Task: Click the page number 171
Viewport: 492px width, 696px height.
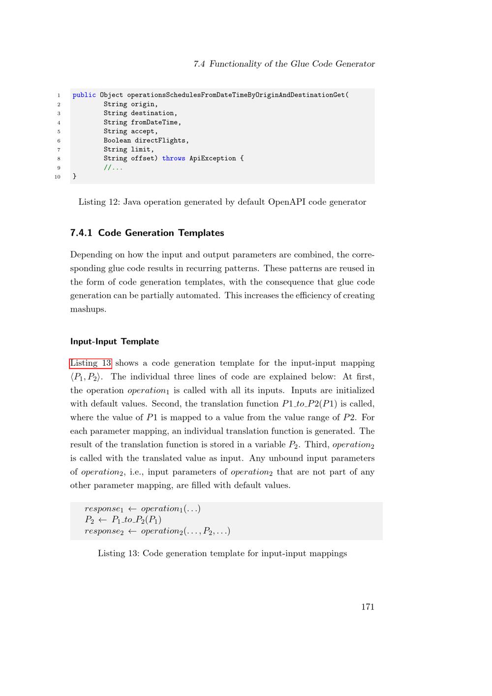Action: pyautogui.click(x=368, y=607)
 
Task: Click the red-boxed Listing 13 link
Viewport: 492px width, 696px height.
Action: pyautogui.click(x=91, y=363)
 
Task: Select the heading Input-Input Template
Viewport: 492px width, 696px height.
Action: pyautogui.click(x=115, y=342)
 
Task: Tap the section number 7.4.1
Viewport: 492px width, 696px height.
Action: pyautogui.click(x=81, y=233)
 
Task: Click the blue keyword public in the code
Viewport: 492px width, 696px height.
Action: pyautogui.click(x=84, y=95)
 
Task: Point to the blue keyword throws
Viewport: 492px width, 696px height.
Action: pyautogui.click(x=174, y=158)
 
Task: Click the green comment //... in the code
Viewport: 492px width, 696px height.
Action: pyautogui.click(x=113, y=167)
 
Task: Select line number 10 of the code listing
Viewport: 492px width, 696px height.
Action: pyautogui.click(x=58, y=177)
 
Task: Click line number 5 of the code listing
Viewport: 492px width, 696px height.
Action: pyautogui.click(x=59, y=131)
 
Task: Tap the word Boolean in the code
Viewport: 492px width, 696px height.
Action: pyautogui.click(x=117, y=140)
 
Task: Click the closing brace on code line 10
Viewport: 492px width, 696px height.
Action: pyautogui.click(x=75, y=176)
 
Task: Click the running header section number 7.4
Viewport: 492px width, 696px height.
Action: pyautogui.click(x=199, y=64)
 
